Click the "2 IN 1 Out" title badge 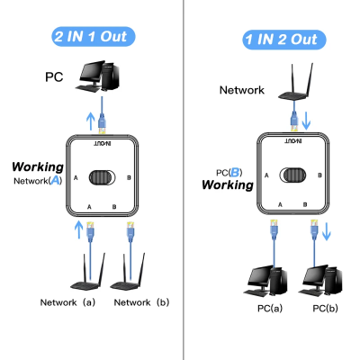coord(94,37)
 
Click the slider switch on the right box coord(289,174)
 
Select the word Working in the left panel coord(37,167)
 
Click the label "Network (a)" coord(68,303)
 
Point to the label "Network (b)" coord(142,303)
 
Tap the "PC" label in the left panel coord(55,77)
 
